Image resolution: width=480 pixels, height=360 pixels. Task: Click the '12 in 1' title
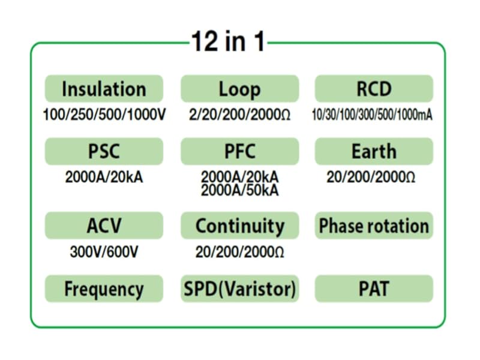click(227, 43)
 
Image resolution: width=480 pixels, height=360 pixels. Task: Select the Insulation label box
click(104, 89)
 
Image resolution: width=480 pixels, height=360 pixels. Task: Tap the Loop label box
click(239, 89)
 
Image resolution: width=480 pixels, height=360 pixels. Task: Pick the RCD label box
click(373, 89)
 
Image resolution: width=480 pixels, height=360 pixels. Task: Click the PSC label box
click(104, 151)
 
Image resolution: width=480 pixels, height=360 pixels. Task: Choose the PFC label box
click(239, 151)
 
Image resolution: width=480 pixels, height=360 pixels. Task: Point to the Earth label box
click(373, 151)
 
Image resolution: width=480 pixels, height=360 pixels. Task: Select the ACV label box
click(104, 226)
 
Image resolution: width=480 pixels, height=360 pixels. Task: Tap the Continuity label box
click(239, 226)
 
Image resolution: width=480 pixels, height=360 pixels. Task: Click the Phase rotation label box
click(373, 226)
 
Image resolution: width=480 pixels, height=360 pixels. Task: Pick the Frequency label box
click(104, 289)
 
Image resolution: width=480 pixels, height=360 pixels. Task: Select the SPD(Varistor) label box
click(239, 289)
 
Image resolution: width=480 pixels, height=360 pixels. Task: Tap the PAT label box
click(373, 289)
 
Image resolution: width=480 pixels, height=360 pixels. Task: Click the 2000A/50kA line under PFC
click(239, 190)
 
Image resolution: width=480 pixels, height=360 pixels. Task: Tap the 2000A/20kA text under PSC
click(104, 178)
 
